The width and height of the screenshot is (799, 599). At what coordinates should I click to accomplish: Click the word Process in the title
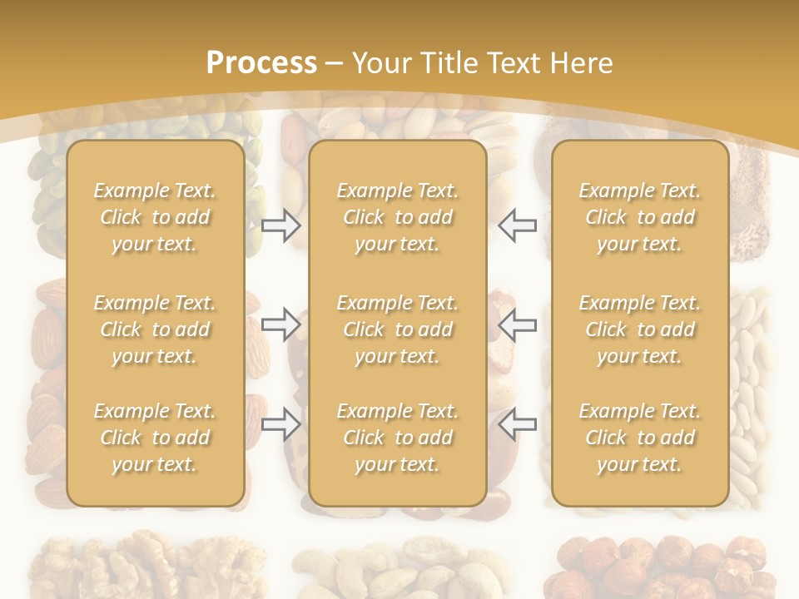[261, 63]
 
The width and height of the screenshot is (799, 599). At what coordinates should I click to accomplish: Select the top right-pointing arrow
[280, 225]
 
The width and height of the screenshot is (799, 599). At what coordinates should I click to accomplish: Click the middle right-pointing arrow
[280, 324]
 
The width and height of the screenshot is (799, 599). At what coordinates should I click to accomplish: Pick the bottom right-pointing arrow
[280, 423]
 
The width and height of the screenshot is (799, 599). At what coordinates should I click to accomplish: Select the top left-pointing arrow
[517, 225]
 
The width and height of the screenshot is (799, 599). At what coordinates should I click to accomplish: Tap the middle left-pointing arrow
[517, 324]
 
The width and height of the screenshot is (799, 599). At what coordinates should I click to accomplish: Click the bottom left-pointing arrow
[517, 423]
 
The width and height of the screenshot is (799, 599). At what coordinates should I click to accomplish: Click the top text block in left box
[155, 217]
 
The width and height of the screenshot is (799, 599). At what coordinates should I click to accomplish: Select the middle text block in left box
[155, 329]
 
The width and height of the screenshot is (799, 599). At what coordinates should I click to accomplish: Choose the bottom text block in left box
[155, 438]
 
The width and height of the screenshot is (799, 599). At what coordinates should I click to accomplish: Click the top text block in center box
[397, 217]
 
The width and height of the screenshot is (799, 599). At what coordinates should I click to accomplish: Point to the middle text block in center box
[397, 329]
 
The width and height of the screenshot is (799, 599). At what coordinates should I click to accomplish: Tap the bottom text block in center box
[397, 438]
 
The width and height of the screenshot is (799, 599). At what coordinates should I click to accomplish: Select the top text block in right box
[639, 217]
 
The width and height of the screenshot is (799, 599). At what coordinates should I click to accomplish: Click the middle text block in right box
[639, 329]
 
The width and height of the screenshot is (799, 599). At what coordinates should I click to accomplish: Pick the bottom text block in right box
[639, 438]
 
